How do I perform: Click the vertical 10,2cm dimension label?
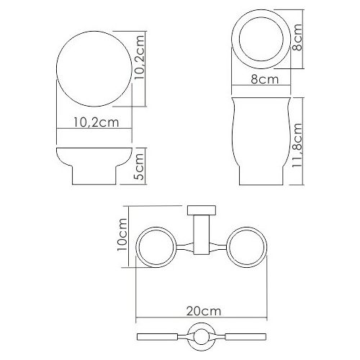pyautogui.click(x=139, y=58)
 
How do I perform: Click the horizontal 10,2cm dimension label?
pyautogui.click(x=96, y=122)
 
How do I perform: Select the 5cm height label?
pyautogui.click(x=139, y=166)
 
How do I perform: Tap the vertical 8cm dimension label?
pyautogui.click(x=297, y=37)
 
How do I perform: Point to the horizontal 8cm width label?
pyautogui.click(x=265, y=79)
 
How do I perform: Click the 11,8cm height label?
pyautogui.click(x=297, y=145)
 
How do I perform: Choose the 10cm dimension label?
pyautogui.click(x=122, y=235)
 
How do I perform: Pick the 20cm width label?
pyautogui.click(x=204, y=311)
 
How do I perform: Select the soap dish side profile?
pyautogui.click(x=94, y=166)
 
